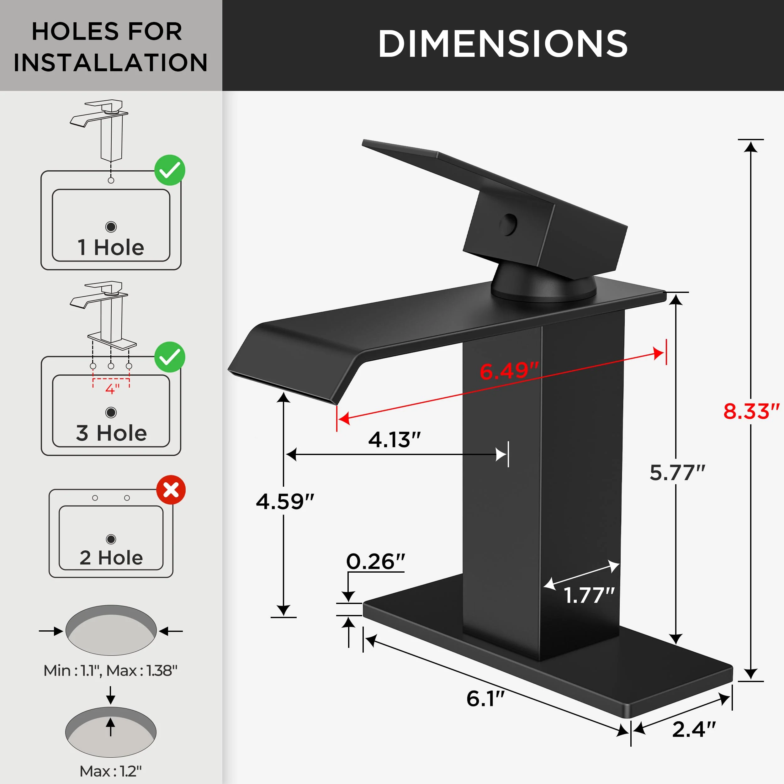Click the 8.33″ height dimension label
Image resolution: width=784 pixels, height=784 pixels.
[751, 411]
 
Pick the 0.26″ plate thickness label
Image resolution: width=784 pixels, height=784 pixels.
[375, 562]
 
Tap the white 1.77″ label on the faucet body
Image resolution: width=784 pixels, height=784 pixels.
[589, 595]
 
